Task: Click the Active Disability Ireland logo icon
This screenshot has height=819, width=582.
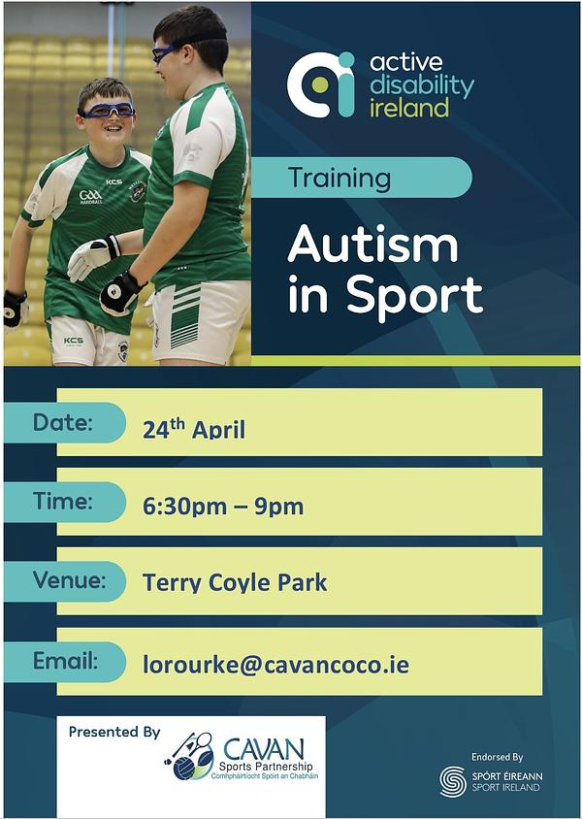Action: pyautogui.click(x=321, y=84)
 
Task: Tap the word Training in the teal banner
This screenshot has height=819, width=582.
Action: pyautogui.click(x=339, y=179)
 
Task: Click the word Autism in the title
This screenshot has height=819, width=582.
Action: pyautogui.click(x=372, y=245)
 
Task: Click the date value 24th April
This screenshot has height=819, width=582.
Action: pyautogui.click(x=194, y=429)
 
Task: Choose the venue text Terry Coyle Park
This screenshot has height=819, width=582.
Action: pyautogui.click(x=235, y=583)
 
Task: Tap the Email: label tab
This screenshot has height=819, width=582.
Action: pyautogui.click(x=65, y=662)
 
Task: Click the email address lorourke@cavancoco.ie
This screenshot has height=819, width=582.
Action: pyautogui.click(x=275, y=665)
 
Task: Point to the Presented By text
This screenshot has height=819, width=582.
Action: pyautogui.click(x=114, y=733)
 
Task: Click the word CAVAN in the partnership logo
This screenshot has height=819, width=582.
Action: pyautogui.click(x=264, y=749)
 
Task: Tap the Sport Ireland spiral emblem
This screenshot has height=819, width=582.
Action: pyautogui.click(x=453, y=781)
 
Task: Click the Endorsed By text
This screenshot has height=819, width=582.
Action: pyautogui.click(x=497, y=757)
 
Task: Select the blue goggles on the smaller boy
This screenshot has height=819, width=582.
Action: pyautogui.click(x=107, y=111)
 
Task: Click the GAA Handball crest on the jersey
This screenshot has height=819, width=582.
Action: pyautogui.click(x=91, y=196)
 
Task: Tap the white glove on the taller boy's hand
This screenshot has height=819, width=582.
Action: pyautogui.click(x=94, y=256)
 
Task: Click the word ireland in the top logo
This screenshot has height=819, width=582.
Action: pyautogui.click(x=408, y=108)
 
